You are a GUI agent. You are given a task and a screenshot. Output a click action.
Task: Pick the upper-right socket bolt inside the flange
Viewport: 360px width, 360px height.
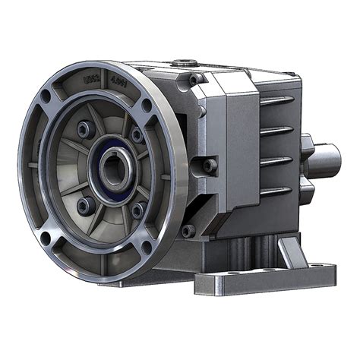[x=137, y=135]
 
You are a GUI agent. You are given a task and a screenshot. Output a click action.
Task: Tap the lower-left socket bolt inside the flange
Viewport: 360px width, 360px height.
[x=84, y=204]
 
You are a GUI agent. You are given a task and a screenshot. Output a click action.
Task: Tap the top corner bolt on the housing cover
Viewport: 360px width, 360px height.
[x=195, y=79]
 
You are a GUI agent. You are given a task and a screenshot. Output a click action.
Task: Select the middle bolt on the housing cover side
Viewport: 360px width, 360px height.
[x=209, y=163]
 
